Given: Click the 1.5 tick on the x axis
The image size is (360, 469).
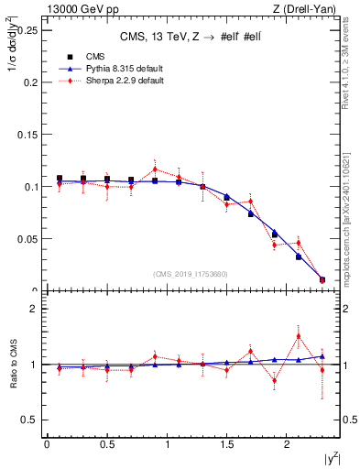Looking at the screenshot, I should [x=226, y=444].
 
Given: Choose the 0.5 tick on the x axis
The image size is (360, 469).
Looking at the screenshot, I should [x=106, y=444].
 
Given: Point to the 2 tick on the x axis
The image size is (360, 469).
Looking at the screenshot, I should [x=287, y=444].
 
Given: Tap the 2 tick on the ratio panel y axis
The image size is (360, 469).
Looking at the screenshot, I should [x=33, y=309].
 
